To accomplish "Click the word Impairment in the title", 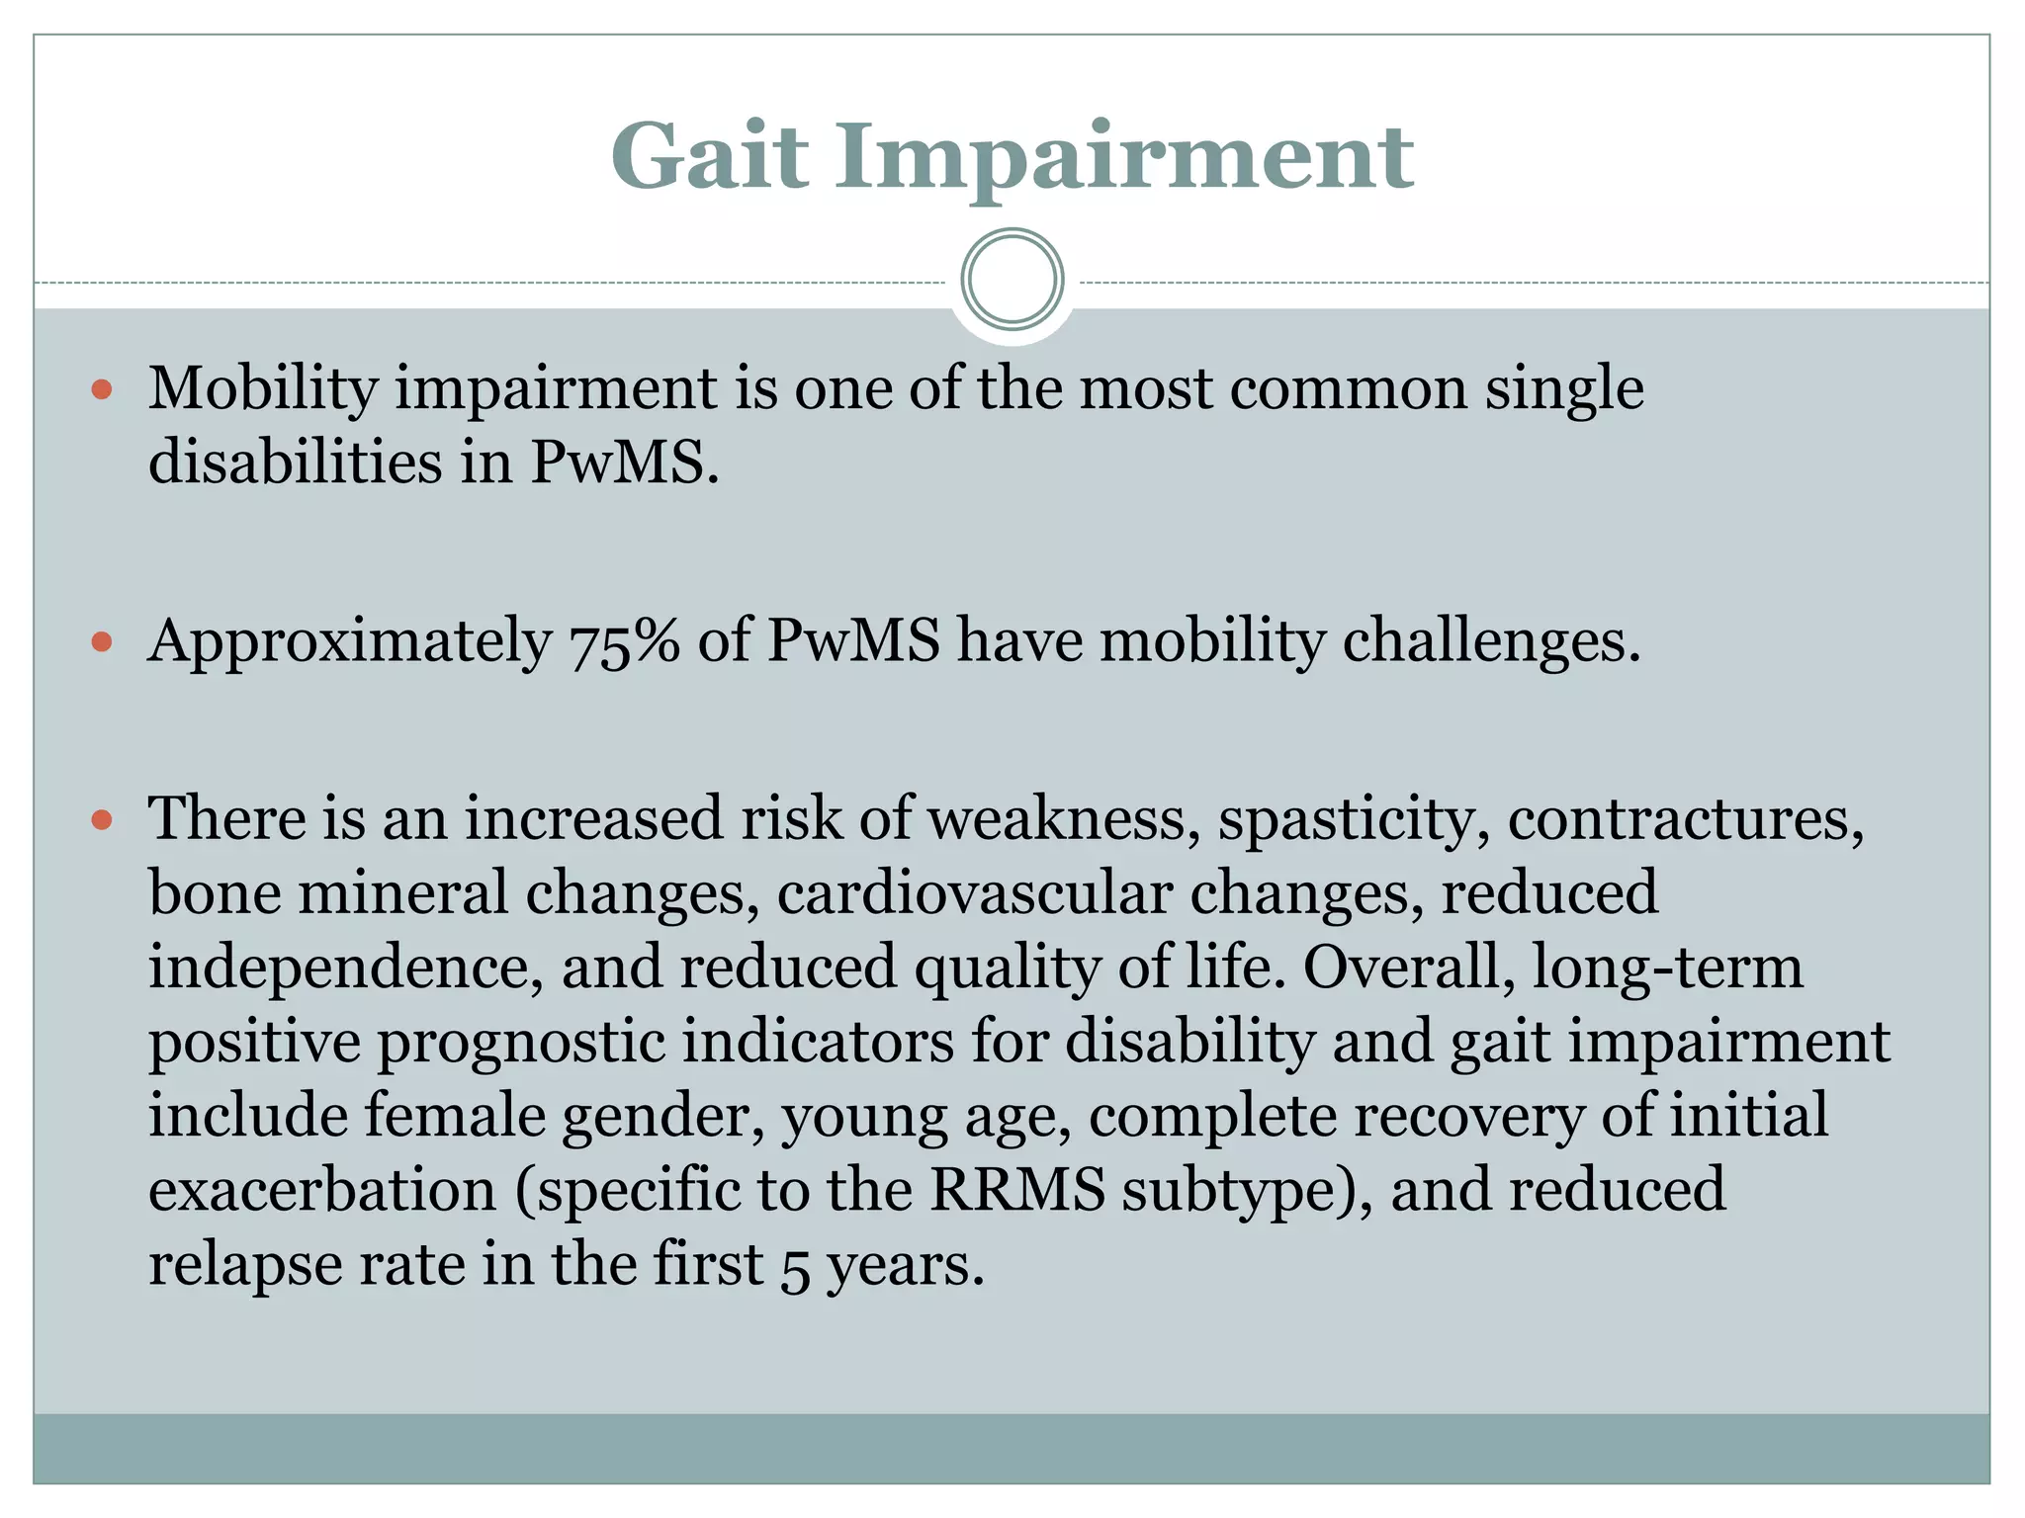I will pos(1124,158).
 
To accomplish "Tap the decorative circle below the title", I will pos(1012,280).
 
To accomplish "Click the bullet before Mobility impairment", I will pos(102,389).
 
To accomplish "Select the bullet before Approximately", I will pos(102,642).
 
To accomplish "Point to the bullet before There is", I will pos(102,820).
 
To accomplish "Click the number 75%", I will pos(624,642).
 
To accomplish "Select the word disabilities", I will pos(295,462).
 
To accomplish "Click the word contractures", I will pos(1685,820).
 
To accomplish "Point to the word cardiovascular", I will pos(974,892).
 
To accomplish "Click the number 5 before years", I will pos(795,1267).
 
